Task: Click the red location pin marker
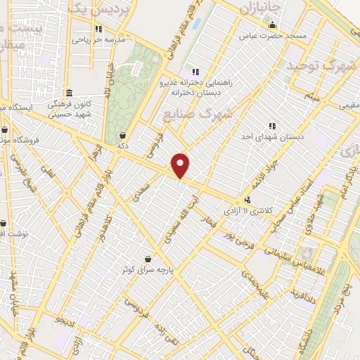point(181,166)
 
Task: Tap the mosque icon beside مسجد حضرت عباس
point(272,27)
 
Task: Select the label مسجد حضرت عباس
point(272,36)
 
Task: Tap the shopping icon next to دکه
point(124,135)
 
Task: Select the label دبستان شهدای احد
point(271,136)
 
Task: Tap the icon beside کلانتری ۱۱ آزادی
point(246,200)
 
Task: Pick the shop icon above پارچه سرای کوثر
point(147,259)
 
